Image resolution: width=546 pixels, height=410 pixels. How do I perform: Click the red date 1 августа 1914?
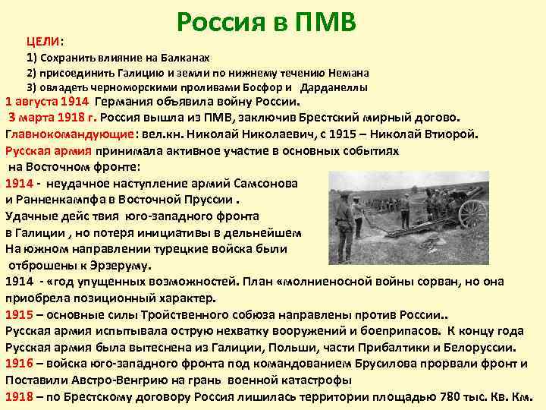coord(48,102)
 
